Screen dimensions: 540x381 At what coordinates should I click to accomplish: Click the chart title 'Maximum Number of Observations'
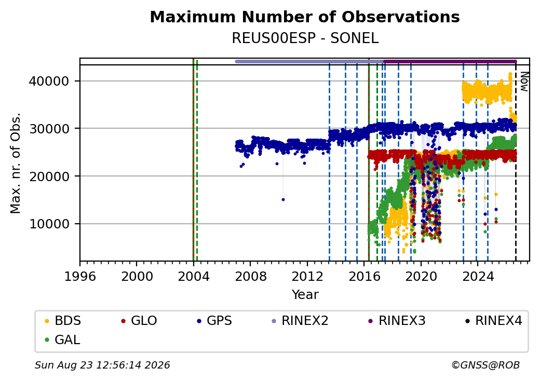click(305, 17)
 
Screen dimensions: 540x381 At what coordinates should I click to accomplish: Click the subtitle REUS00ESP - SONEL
click(305, 38)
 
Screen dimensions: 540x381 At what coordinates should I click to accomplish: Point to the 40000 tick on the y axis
click(49, 81)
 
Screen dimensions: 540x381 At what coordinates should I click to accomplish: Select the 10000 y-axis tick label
click(49, 224)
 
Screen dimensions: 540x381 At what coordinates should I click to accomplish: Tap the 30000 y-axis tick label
click(49, 129)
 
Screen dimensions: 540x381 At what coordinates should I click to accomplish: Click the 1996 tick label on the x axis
click(80, 276)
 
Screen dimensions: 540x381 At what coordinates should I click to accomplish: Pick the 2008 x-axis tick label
click(250, 276)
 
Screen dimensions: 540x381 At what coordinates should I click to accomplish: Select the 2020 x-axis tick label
click(421, 276)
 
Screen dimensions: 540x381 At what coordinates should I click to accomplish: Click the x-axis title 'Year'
click(305, 295)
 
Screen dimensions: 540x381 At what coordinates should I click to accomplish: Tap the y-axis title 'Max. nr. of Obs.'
click(16, 163)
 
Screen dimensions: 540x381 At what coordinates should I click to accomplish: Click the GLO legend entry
click(139, 321)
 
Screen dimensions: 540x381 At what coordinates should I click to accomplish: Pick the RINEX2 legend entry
click(300, 321)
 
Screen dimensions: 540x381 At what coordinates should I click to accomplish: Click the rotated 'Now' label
click(524, 81)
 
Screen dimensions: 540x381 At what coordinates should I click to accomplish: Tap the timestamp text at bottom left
click(102, 365)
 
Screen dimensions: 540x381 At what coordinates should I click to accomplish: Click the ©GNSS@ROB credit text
click(485, 365)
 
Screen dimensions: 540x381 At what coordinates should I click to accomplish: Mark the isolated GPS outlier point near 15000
click(283, 200)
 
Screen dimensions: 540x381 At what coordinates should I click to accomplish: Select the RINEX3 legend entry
click(397, 321)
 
